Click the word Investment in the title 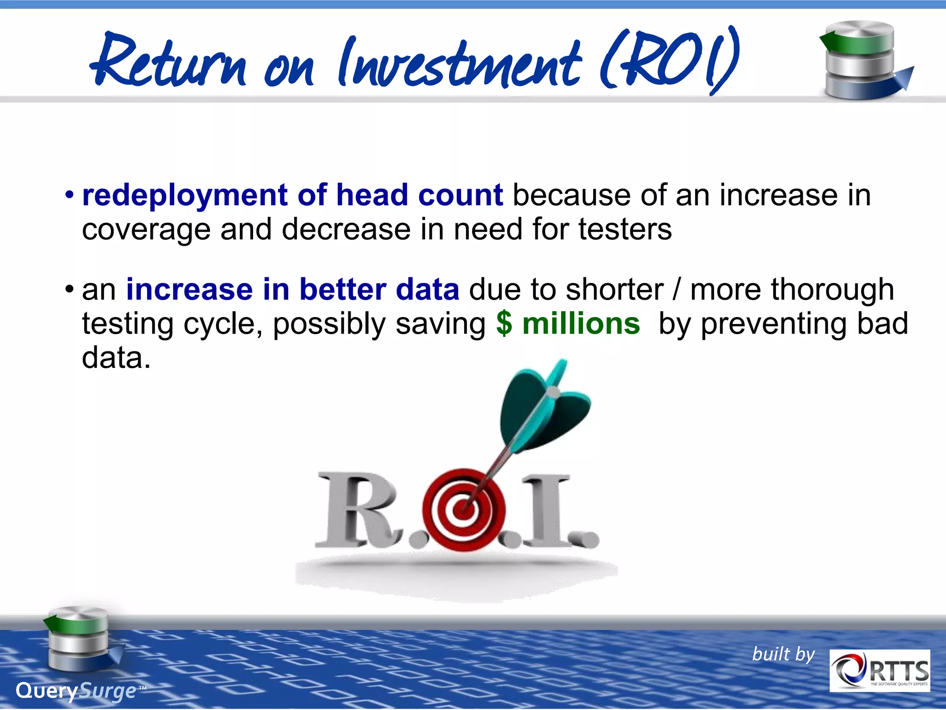coord(460,62)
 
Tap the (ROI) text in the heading coord(670,60)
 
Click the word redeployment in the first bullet coord(185,196)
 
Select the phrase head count coord(419,195)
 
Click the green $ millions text coord(568,324)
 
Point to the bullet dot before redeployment coord(69,195)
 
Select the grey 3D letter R coord(356,511)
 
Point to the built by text coord(783,655)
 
